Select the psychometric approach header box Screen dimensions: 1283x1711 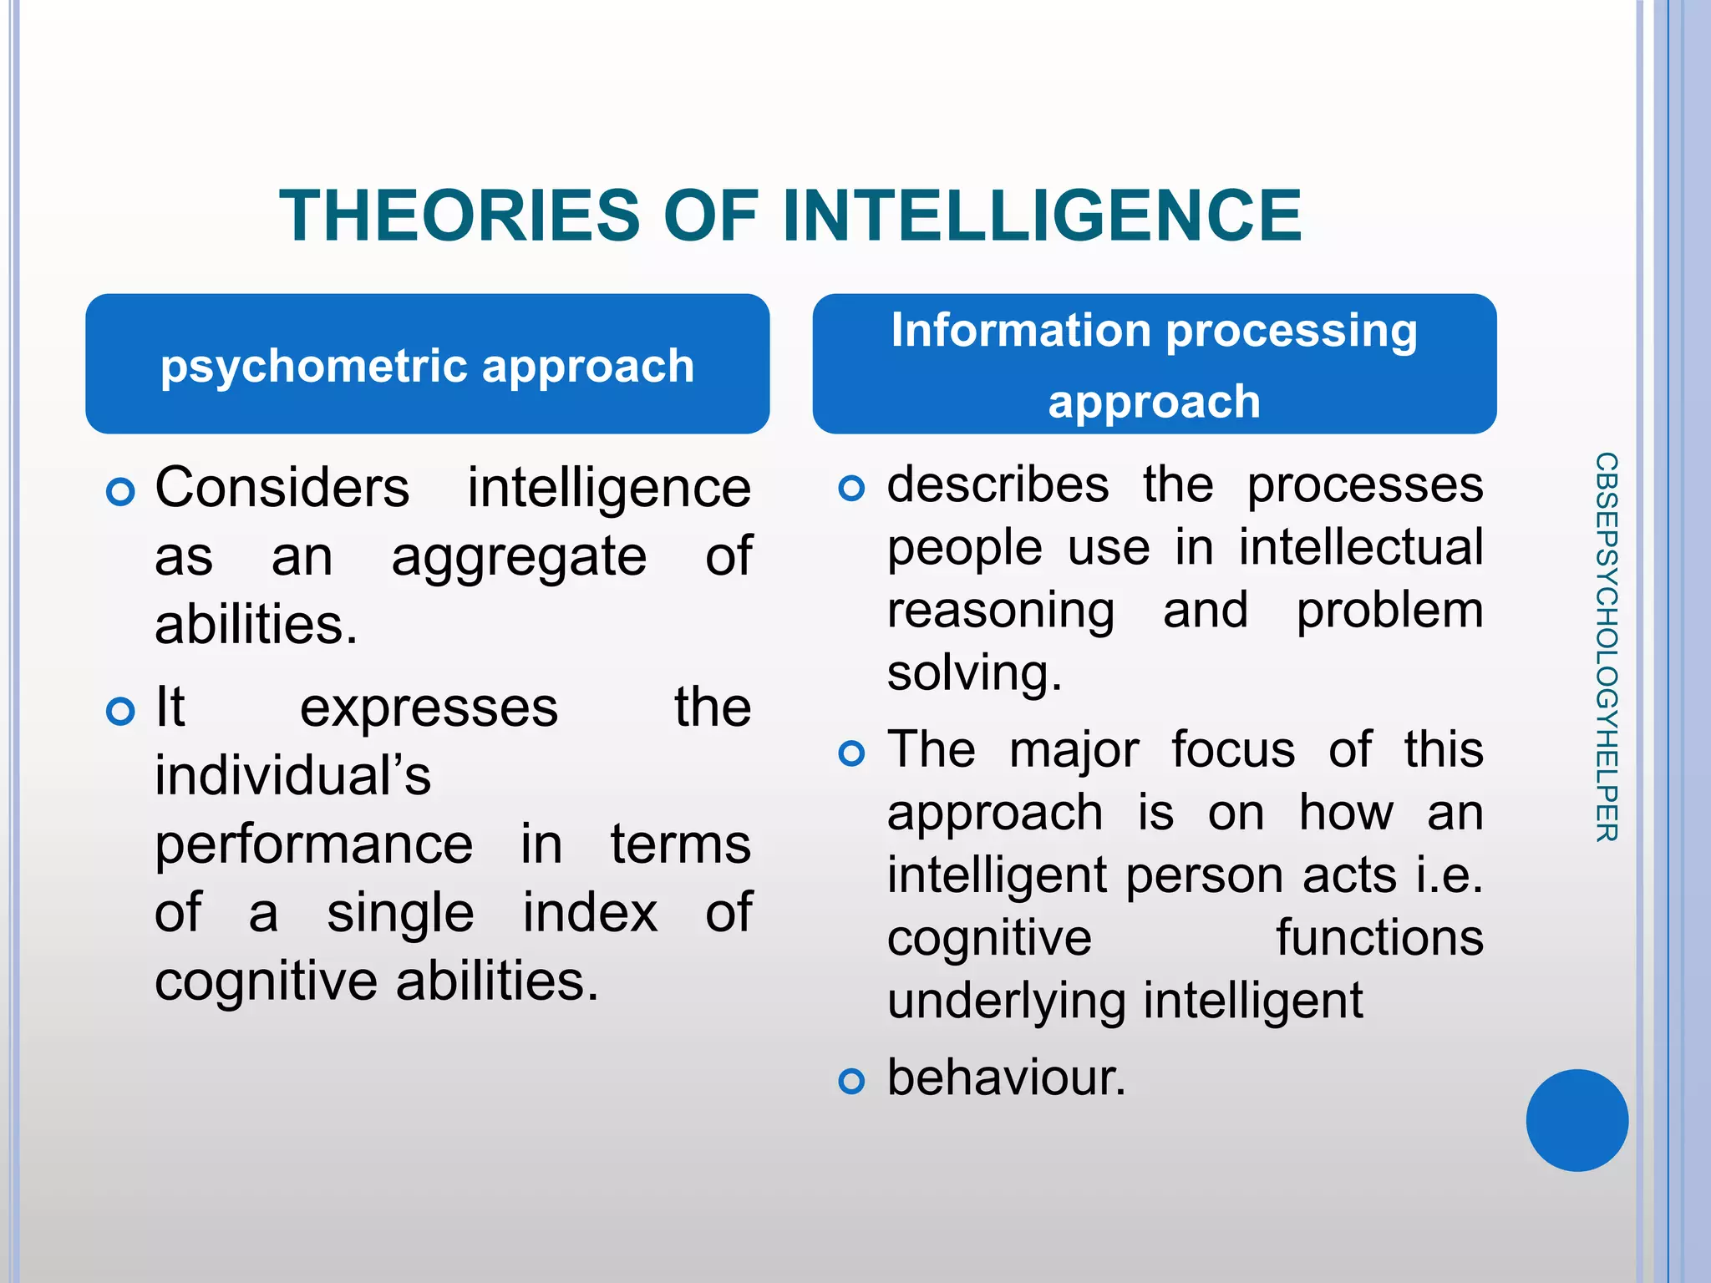427,364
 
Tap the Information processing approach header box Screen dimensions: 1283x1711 1154,364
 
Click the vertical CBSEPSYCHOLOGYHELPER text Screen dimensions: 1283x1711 1606,647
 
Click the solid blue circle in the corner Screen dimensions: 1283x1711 1576,1120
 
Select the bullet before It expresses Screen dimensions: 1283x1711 121,712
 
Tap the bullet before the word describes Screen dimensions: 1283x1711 850,488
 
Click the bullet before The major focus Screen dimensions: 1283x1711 850,753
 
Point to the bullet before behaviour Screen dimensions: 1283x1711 850,1082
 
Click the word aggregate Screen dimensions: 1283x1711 519,558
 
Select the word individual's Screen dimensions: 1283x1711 292,776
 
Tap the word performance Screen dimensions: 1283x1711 313,844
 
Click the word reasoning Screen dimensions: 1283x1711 1000,611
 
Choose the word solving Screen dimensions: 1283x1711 973,673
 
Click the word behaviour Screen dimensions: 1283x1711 1006,1078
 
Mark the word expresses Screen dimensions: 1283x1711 429,708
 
